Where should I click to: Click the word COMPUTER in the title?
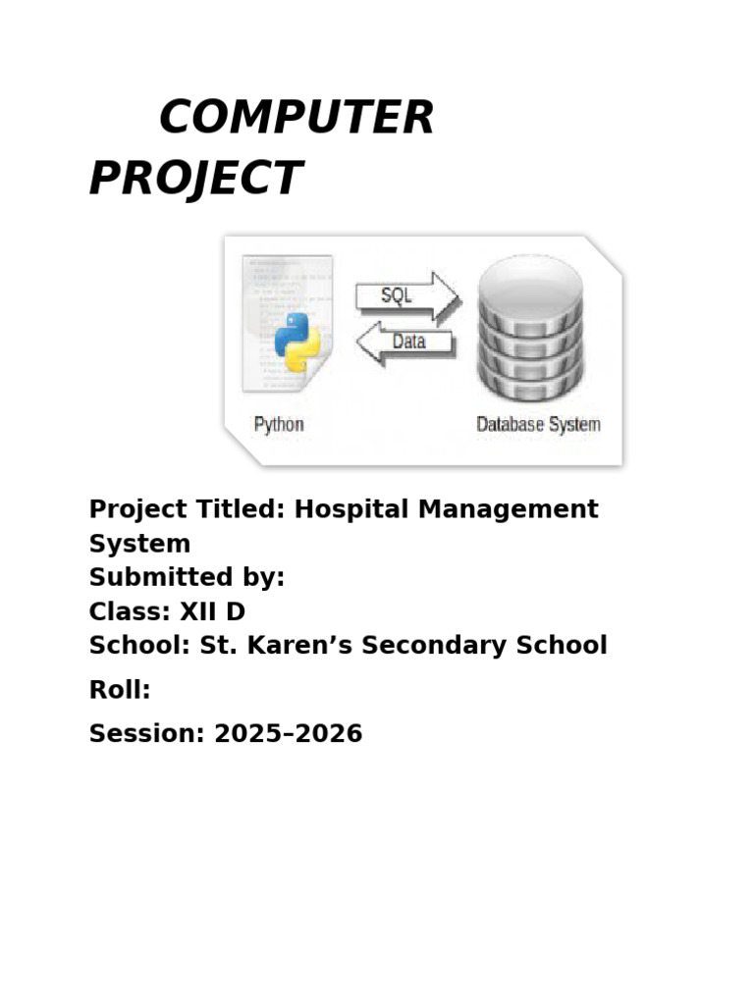(296, 117)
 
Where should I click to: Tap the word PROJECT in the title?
(195, 178)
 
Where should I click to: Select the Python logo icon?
(296, 343)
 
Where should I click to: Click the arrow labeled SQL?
(407, 296)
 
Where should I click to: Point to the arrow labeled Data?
(405, 342)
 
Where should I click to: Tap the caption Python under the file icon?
(279, 424)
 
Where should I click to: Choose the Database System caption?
(539, 424)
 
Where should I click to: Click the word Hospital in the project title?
(351, 509)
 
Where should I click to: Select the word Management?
(509, 509)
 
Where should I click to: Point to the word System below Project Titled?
(139, 544)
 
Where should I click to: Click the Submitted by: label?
(188, 577)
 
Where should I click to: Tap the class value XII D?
(212, 611)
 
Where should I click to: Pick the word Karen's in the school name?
(299, 645)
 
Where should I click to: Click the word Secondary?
(434, 646)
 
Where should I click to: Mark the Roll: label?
(120, 690)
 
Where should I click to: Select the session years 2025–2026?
(289, 733)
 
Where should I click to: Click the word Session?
(147, 733)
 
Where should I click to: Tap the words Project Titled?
(188, 509)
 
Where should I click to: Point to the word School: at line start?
(139, 645)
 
